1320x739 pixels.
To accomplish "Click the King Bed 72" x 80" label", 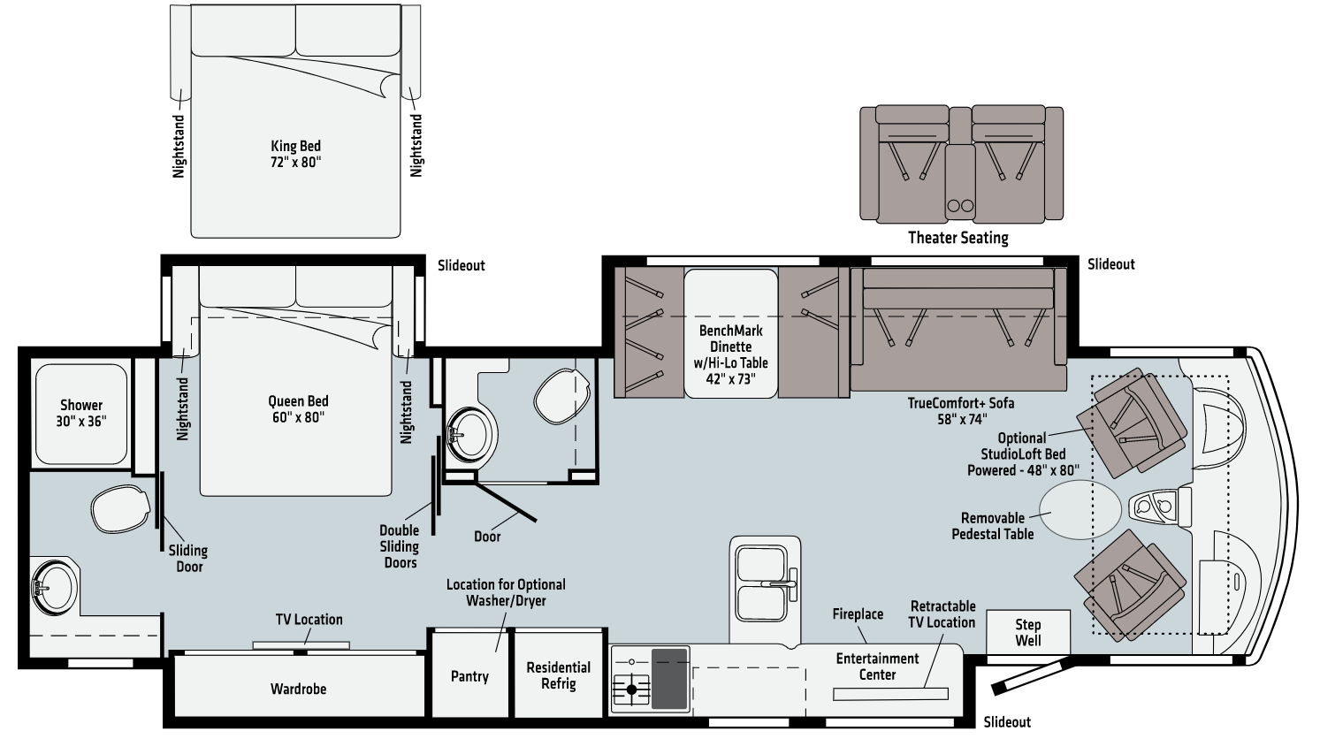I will tap(295, 155).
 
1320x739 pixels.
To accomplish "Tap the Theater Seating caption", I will tap(958, 237).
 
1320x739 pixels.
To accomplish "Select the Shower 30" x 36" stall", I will tap(81, 413).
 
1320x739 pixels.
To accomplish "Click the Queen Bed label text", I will tap(298, 408).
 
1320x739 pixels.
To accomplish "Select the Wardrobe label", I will tap(298, 689).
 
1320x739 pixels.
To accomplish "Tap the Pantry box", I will tap(469, 675).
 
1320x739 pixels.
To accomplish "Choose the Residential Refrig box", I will tap(558, 675).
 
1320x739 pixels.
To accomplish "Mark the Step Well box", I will tap(1027, 632).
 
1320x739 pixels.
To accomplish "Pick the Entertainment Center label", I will tap(877, 667).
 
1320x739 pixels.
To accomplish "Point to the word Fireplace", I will tap(858, 613).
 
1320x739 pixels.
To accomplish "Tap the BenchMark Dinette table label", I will tap(730, 354).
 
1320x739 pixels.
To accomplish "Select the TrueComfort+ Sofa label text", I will tap(960, 411).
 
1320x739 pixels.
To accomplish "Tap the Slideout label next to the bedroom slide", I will tap(461, 265).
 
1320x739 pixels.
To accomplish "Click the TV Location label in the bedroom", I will tap(305, 620).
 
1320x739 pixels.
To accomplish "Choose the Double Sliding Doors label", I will tap(400, 546).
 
